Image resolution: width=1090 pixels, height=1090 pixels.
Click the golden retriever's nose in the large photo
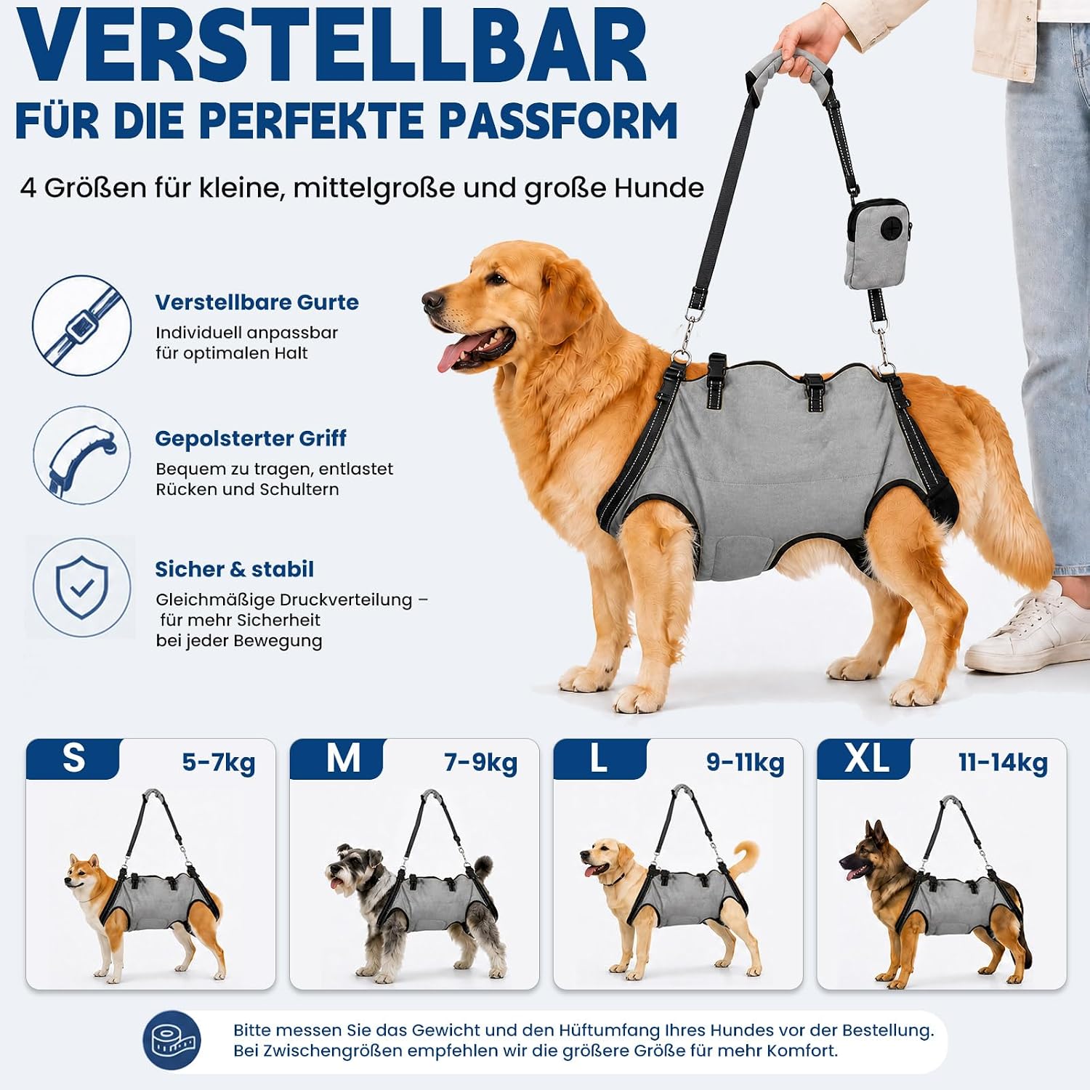click(x=432, y=300)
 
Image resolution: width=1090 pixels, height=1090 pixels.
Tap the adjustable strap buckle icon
click(x=82, y=326)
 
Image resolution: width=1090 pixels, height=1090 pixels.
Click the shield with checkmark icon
click(x=82, y=588)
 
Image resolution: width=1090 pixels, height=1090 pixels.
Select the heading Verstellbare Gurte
click(x=257, y=302)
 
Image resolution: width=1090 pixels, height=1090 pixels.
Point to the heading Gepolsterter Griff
click(x=251, y=439)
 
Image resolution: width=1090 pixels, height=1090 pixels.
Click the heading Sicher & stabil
click(x=234, y=569)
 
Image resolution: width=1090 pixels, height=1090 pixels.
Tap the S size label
click(x=73, y=759)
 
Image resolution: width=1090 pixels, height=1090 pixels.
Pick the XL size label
click(x=866, y=759)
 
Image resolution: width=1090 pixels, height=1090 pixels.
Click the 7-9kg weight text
click(x=480, y=763)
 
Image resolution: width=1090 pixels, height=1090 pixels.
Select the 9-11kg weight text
click(x=746, y=763)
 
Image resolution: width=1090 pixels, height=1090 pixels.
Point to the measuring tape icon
click(x=172, y=1041)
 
